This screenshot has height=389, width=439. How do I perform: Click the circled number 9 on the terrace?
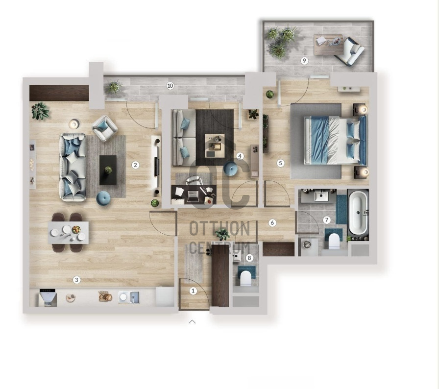coord(304,60)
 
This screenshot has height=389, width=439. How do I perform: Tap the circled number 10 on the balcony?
coord(170,86)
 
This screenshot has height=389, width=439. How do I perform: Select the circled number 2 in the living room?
coord(136,165)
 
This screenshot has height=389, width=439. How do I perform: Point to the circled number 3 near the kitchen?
coord(76,280)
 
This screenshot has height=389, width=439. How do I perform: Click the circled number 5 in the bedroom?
coord(281,163)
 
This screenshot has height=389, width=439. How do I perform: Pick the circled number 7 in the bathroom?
coord(326,220)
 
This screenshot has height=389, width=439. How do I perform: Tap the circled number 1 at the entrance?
coord(193,291)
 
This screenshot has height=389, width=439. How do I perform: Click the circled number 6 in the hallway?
coord(272,223)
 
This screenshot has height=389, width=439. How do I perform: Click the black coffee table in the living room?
coord(108,170)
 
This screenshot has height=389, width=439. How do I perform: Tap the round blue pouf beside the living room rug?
coord(103,198)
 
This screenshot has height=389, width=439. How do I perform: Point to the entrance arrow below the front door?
coord(192,322)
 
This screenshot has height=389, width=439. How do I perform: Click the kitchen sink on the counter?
coord(129,297)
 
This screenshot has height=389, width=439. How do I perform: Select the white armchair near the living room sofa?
coord(105,128)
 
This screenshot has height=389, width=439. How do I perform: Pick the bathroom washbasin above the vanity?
coord(321,196)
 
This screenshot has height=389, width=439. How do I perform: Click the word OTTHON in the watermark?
coord(219,229)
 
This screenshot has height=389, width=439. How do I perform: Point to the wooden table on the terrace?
coord(328,45)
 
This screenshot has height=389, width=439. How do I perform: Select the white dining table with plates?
coord(68,233)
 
